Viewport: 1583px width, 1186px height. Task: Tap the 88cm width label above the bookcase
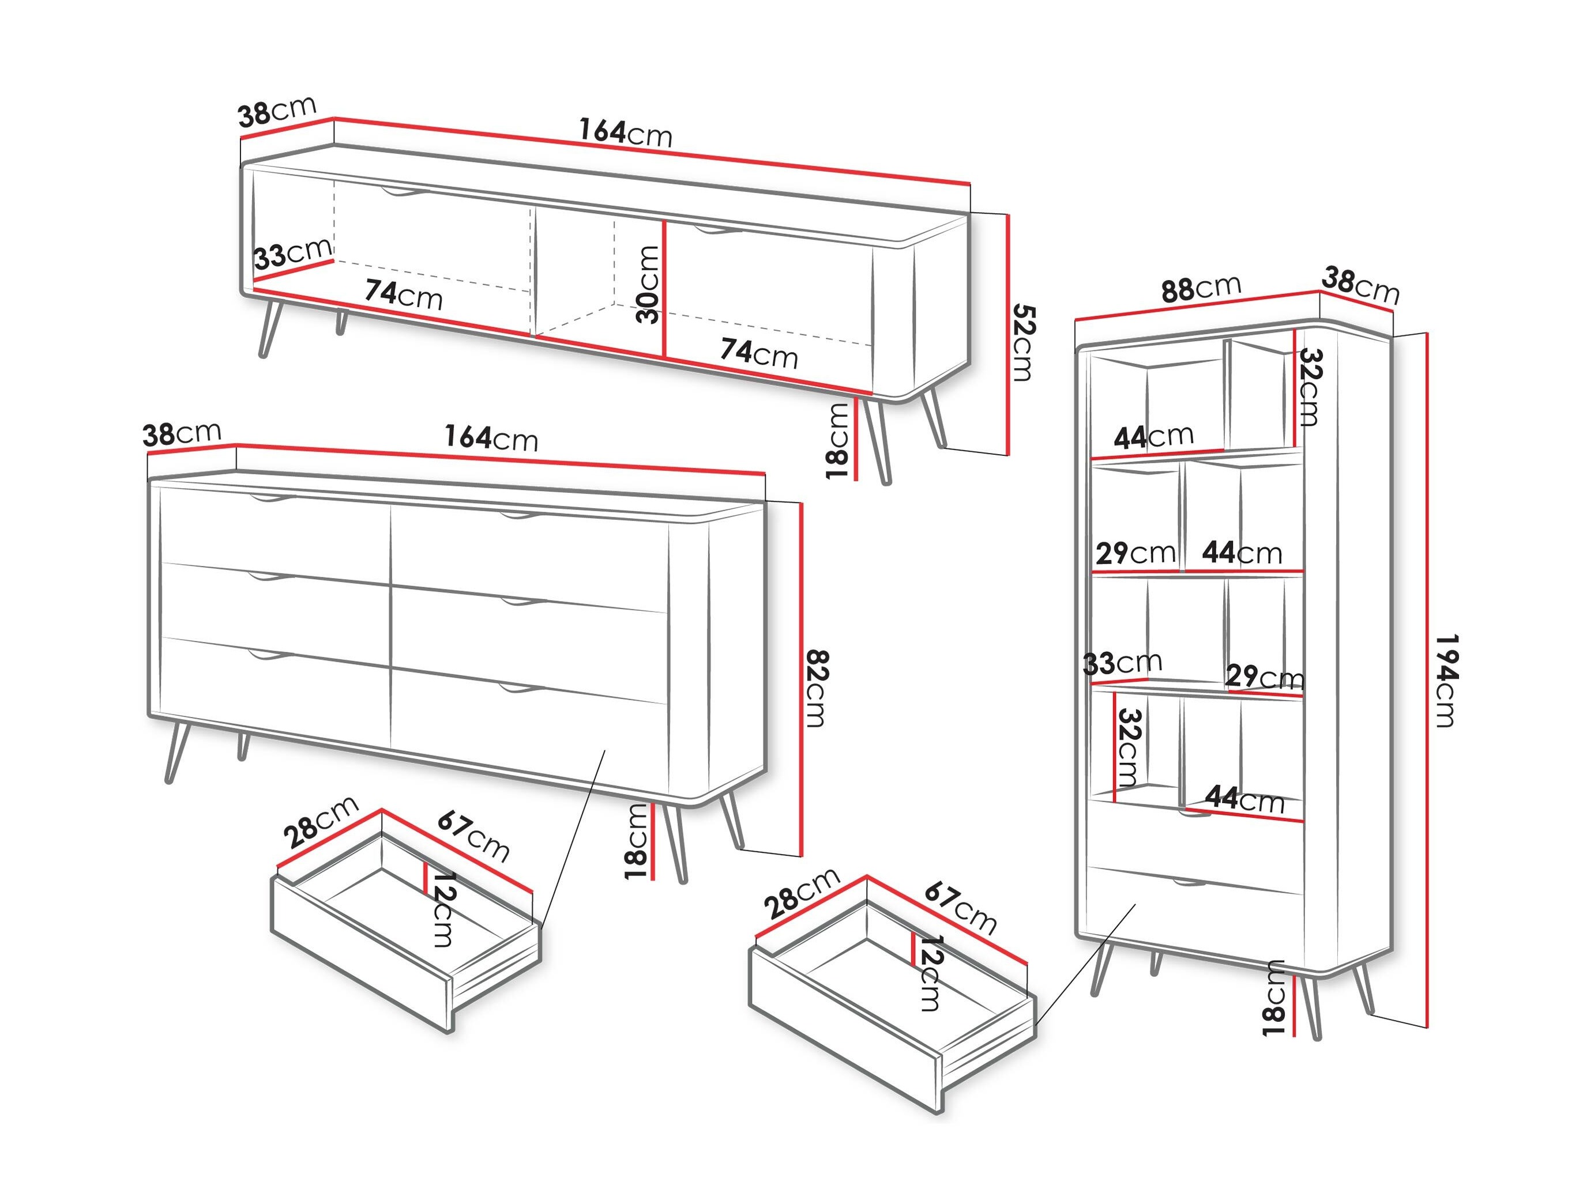[1200, 288]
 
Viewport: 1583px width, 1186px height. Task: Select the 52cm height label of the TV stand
[1024, 343]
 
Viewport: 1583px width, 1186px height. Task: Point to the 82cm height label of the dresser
[817, 688]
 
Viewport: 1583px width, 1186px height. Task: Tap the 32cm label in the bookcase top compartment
[1310, 386]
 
